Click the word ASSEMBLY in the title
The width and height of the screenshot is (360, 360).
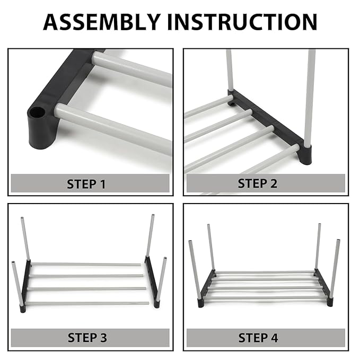101,22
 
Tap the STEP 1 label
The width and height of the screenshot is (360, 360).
86,185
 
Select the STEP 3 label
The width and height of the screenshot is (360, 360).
86,338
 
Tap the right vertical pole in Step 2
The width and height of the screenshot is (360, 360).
309,95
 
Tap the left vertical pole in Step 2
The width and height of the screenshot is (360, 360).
230,72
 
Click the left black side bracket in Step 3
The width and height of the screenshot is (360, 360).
25,284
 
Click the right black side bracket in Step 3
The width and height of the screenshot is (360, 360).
152,284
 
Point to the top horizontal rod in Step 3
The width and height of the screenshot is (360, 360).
85,264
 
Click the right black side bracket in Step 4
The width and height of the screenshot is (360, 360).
323,286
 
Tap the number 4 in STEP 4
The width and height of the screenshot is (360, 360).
274,338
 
